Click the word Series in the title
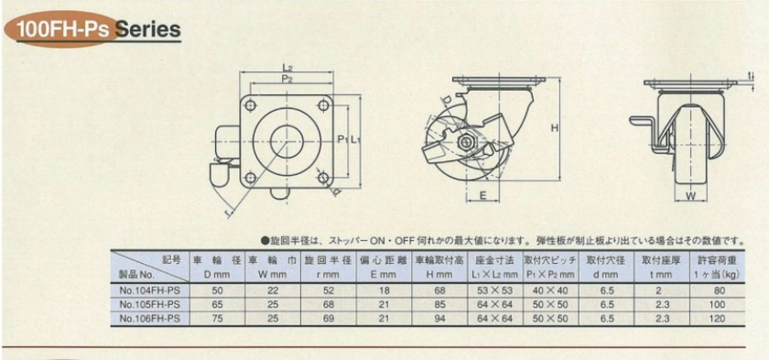(147, 30)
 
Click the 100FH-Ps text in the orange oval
(63, 30)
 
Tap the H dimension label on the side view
(554, 128)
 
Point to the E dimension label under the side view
(482, 196)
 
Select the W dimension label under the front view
(690, 197)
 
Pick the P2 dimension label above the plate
(287, 80)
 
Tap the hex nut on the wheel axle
(464, 142)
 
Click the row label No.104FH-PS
(146, 289)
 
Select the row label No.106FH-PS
(146, 318)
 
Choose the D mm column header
(217, 275)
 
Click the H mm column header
(440, 275)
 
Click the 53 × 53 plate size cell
(495, 289)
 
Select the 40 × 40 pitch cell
(551, 289)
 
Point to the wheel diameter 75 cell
(217, 318)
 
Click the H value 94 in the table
(440, 318)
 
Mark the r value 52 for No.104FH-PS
(328, 289)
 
